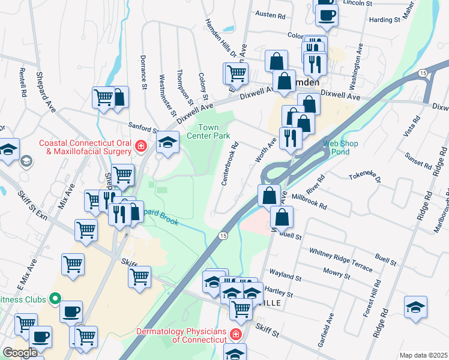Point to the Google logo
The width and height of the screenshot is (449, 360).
(19, 352)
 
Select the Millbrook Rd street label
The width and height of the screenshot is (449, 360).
(309, 201)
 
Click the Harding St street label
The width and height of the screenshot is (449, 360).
(385, 20)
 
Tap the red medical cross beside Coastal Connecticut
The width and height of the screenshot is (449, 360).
(140, 146)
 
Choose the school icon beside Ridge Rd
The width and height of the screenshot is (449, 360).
(415, 307)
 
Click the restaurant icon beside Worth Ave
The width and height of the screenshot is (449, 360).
(291, 138)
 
